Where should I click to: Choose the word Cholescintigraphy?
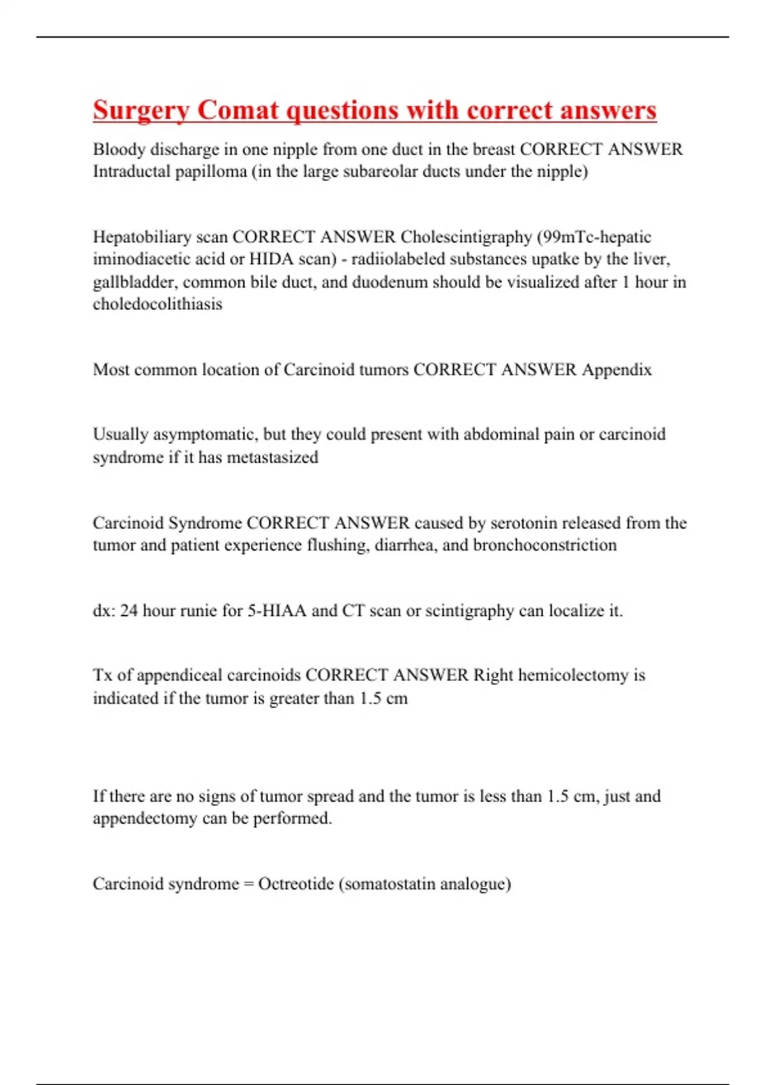[466, 237]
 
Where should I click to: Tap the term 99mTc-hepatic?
[596, 237]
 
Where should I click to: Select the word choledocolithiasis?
[158, 304]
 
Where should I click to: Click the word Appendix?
[617, 370]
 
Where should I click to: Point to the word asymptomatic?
[204, 435]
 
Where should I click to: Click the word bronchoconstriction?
[544, 546]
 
